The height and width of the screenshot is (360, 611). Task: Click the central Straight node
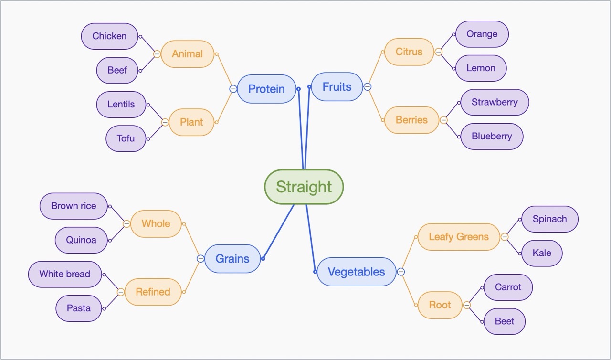click(x=304, y=187)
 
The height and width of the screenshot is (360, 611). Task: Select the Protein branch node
click(x=266, y=89)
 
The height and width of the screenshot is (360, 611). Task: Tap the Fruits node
click(x=337, y=87)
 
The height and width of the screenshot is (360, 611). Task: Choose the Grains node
click(x=232, y=259)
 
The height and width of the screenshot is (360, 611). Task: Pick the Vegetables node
click(x=356, y=272)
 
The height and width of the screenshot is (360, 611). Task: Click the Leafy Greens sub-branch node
click(x=458, y=237)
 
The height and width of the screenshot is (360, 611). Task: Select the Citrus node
click(x=409, y=52)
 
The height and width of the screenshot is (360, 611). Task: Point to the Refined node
click(x=153, y=292)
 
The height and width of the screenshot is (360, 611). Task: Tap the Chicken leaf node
click(x=109, y=36)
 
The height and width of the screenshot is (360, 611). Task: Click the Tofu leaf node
click(x=126, y=138)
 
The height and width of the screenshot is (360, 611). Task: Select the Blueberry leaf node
click(x=491, y=137)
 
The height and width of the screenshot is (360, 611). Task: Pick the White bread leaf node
click(x=65, y=274)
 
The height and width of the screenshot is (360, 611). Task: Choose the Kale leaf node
click(x=541, y=253)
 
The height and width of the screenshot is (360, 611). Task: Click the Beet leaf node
click(x=504, y=321)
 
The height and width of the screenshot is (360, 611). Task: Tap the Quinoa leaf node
click(x=81, y=240)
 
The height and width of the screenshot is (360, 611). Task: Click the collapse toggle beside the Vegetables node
click(x=401, y=272)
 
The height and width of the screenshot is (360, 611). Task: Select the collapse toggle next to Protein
click(x=233, y=89)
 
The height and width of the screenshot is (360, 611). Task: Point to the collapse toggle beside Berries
click(x=443, y=120)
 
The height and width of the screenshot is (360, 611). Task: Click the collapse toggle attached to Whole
click(x=126, y=223)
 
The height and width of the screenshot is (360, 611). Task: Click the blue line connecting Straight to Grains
click(x=278, y=232)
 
